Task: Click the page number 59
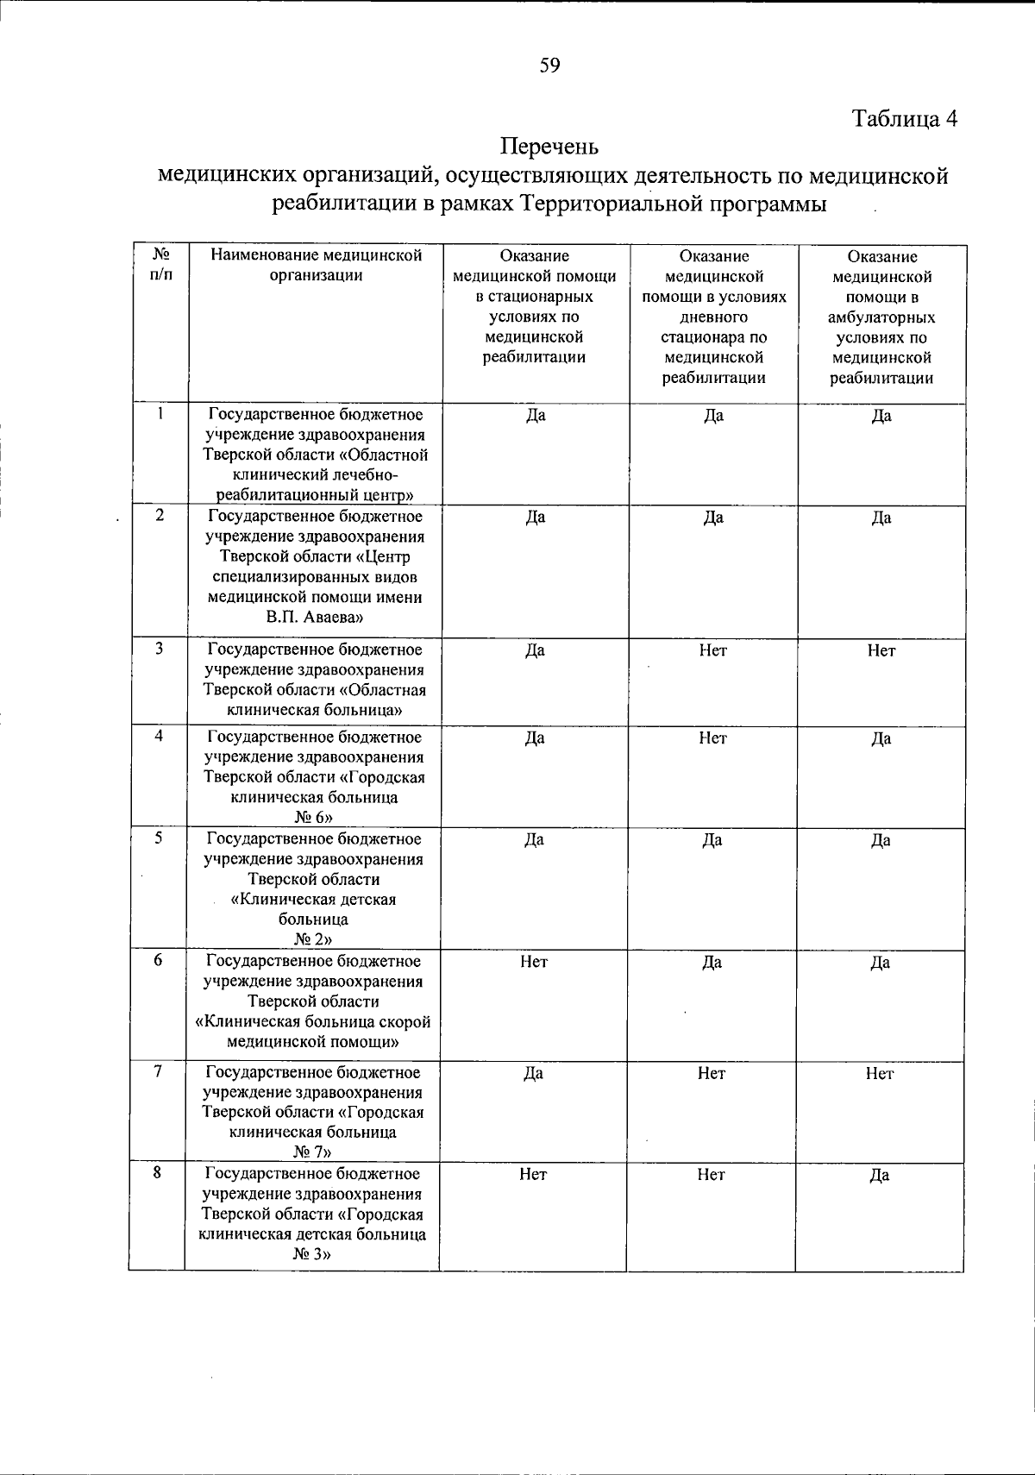(550, 66)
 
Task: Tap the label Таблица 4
(905, 118)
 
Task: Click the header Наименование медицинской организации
(316, 266)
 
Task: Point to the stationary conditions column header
(535, 306)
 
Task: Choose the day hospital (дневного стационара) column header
(714, 317)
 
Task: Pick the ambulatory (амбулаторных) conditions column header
(881, 317)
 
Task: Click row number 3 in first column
(160, 649)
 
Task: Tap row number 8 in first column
(159, 1173)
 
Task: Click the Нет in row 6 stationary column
(534, 962)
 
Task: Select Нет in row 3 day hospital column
(713, 650)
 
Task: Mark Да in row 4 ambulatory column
(881, 738)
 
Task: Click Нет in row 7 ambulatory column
(880, 1073)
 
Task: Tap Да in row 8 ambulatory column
(880, 1175)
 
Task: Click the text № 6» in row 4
(315, 818)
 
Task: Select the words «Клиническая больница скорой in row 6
(313, 1022)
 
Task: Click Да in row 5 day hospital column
(712, 840)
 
